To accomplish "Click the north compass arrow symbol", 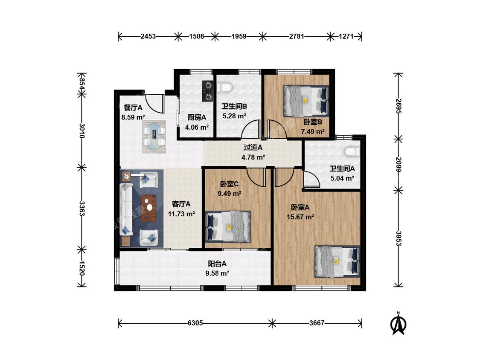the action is (398, 324).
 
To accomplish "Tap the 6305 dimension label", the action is (195, 323).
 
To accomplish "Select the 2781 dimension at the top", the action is (297, 36).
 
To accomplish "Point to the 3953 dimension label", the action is (398, 238).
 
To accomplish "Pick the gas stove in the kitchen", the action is (207, 91).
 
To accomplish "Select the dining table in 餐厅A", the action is (154, 136).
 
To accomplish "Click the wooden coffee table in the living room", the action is (149, 208).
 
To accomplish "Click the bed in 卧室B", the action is (306, 101).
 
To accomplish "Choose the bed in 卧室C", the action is (228, 227).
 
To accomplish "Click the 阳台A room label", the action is (217, 264).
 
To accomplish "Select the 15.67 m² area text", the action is (300, 217).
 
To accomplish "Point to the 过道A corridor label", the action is (253, 147).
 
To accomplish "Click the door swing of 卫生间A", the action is (311, 180).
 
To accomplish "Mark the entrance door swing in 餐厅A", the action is (155, 104).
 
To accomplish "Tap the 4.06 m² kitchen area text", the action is (197, 127).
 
